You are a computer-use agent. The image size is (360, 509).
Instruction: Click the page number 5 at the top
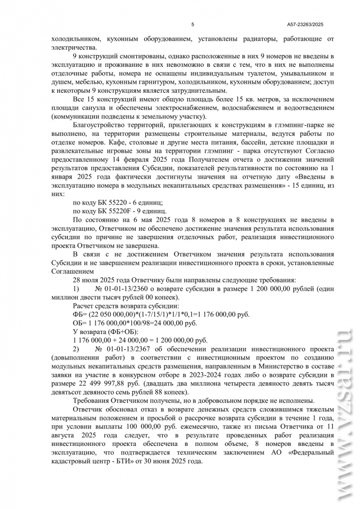coord(192,24)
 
